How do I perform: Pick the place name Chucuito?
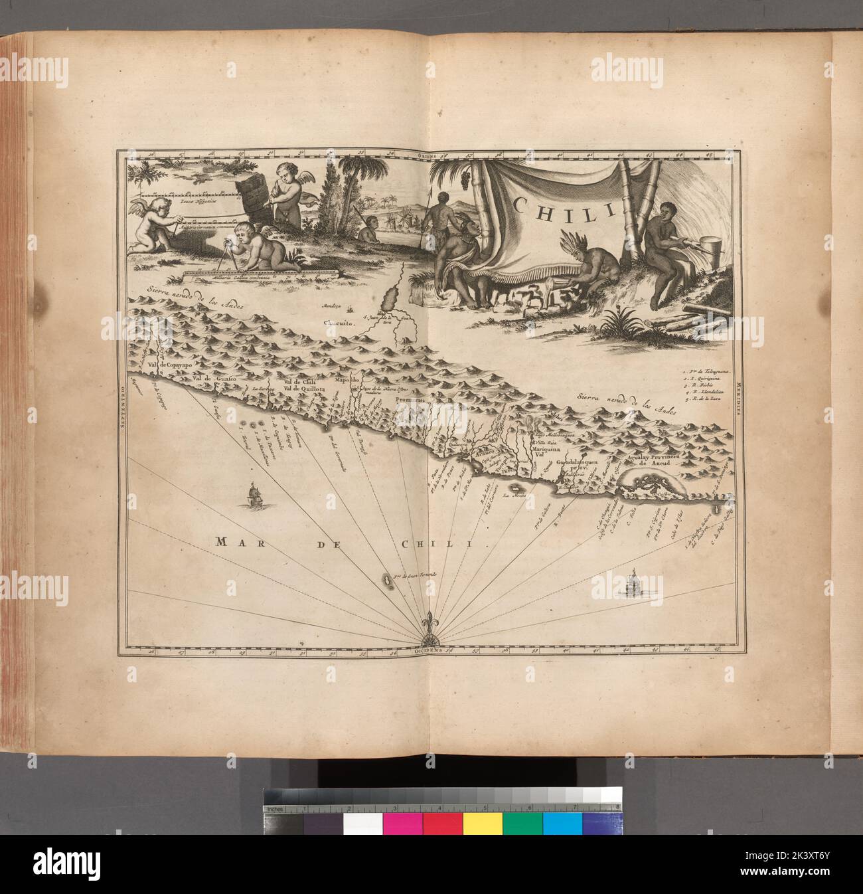[336, 323]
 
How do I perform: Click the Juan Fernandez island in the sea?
[385, 581]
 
